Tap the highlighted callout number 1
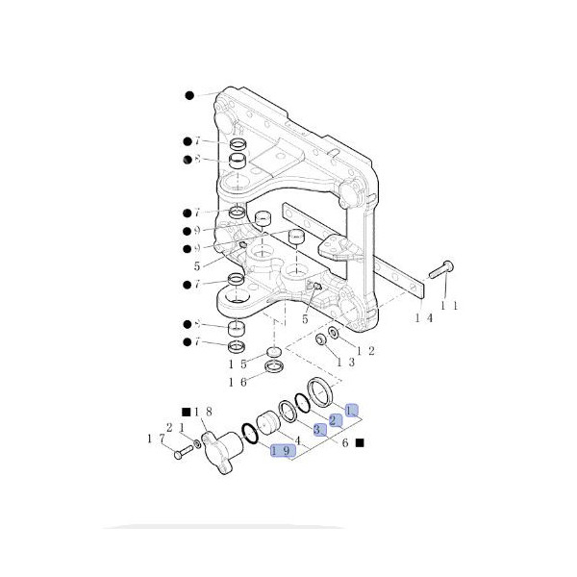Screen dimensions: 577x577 [351, 410]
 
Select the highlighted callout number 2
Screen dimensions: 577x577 [335, 420]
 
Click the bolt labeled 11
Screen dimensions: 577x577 [440, 270]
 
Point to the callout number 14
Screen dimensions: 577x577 [422, 317]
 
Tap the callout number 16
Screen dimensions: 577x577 [238, 382]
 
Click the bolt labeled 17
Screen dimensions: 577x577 [182, 450]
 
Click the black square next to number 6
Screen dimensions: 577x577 [358, 442]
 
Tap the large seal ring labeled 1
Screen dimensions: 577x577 [318, 394]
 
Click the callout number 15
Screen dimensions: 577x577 [238, 364]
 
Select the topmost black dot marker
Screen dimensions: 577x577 [189, 95]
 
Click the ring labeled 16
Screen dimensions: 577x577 [273, 367]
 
